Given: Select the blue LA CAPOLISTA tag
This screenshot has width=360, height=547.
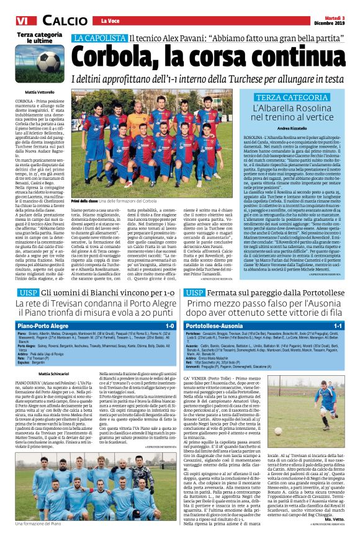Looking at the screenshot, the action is click(x=99, y=38).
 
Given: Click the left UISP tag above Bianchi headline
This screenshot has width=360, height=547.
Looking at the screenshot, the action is click(x=26, y=291).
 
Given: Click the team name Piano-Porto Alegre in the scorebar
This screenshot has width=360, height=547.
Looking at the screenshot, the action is click(x=42, y=324).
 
